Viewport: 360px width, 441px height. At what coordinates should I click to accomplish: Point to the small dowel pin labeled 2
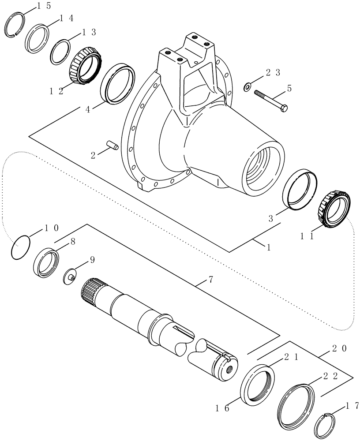(x=113, y=145)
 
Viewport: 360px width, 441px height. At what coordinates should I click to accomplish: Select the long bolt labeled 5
(x=270, y=100)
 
